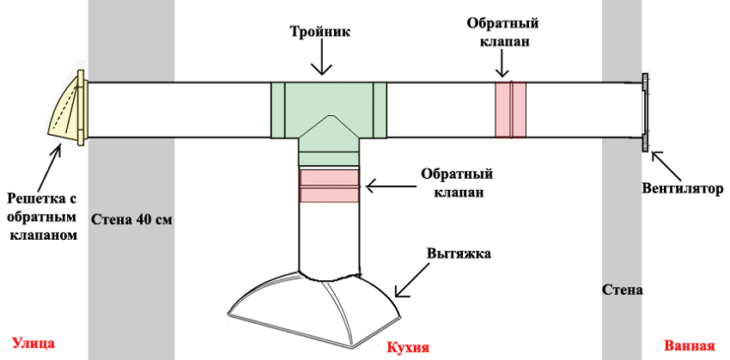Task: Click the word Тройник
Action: tap(321, 33)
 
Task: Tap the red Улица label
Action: tap(33, 343)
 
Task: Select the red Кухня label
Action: tap(408, 348)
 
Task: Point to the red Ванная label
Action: tap(690, 346)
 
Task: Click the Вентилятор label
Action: tap(683, 189)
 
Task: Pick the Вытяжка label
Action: tap(458, 254)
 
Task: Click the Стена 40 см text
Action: tap(131, 219)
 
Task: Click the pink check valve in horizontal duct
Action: tap(510, 110)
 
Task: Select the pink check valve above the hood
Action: tap(329, 186)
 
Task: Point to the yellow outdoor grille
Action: tap(68, 109)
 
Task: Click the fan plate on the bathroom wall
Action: tap(645, 112)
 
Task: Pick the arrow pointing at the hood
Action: tap(411, 278)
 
